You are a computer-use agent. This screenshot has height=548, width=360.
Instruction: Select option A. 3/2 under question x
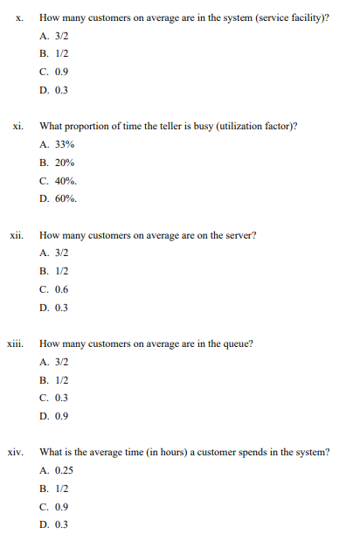point(54,36)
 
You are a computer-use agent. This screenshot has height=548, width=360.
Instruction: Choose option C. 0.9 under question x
point(54,72)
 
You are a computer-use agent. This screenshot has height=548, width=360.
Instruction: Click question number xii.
point(17,235)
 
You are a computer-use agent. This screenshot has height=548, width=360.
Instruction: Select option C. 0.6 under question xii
point(54,289)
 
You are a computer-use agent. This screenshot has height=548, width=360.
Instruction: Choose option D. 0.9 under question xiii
point(54,416)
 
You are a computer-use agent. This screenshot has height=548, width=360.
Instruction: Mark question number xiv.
point(16,452)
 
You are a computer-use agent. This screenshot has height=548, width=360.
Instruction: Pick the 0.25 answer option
point(56,470)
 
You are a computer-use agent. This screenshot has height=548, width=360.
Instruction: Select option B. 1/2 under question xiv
point(54,489)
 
